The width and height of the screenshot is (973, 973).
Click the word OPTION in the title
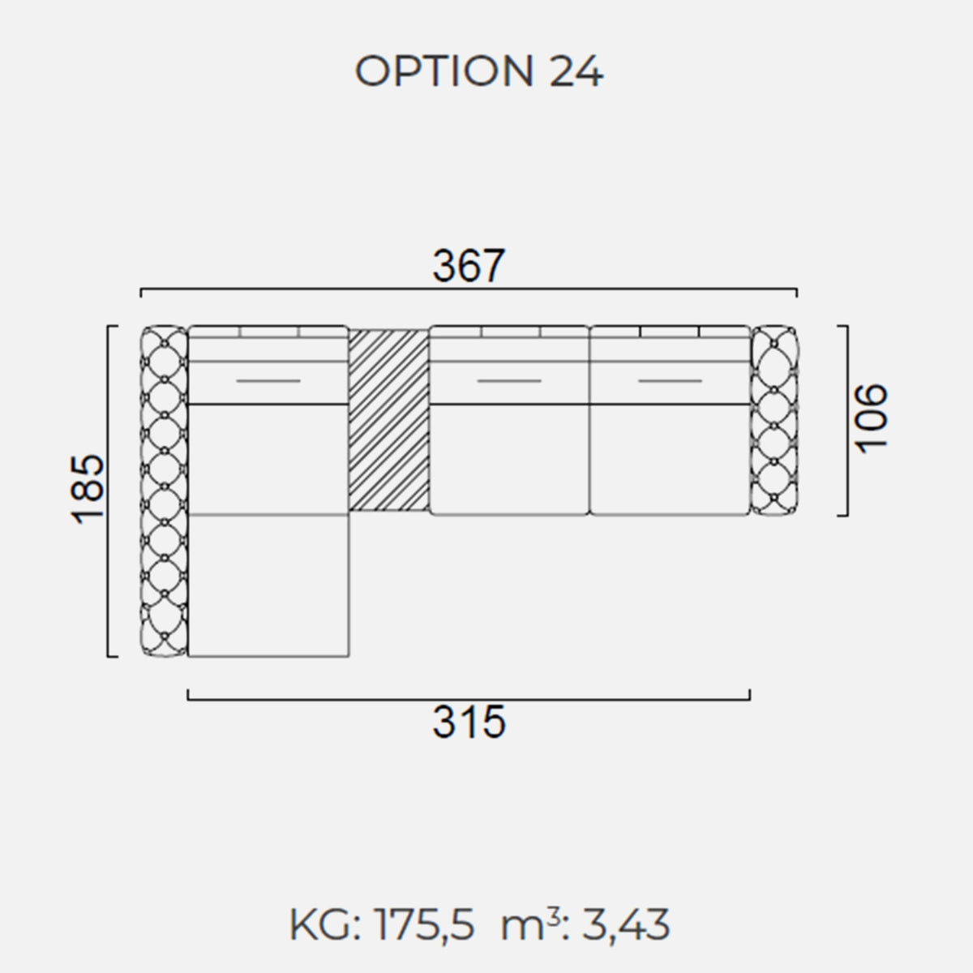(444, 71)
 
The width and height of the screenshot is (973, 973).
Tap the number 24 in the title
(577, 71)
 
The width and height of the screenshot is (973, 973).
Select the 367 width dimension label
(469, 265)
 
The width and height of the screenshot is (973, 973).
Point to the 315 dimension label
(469, 722)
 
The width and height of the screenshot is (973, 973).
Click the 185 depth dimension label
(88, 490)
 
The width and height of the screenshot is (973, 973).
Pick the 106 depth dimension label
(870, 418)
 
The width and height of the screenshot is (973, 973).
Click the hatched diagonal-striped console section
(389, 420)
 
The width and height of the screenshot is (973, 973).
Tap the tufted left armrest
(164, 491)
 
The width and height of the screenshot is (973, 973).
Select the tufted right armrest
(774, 421)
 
